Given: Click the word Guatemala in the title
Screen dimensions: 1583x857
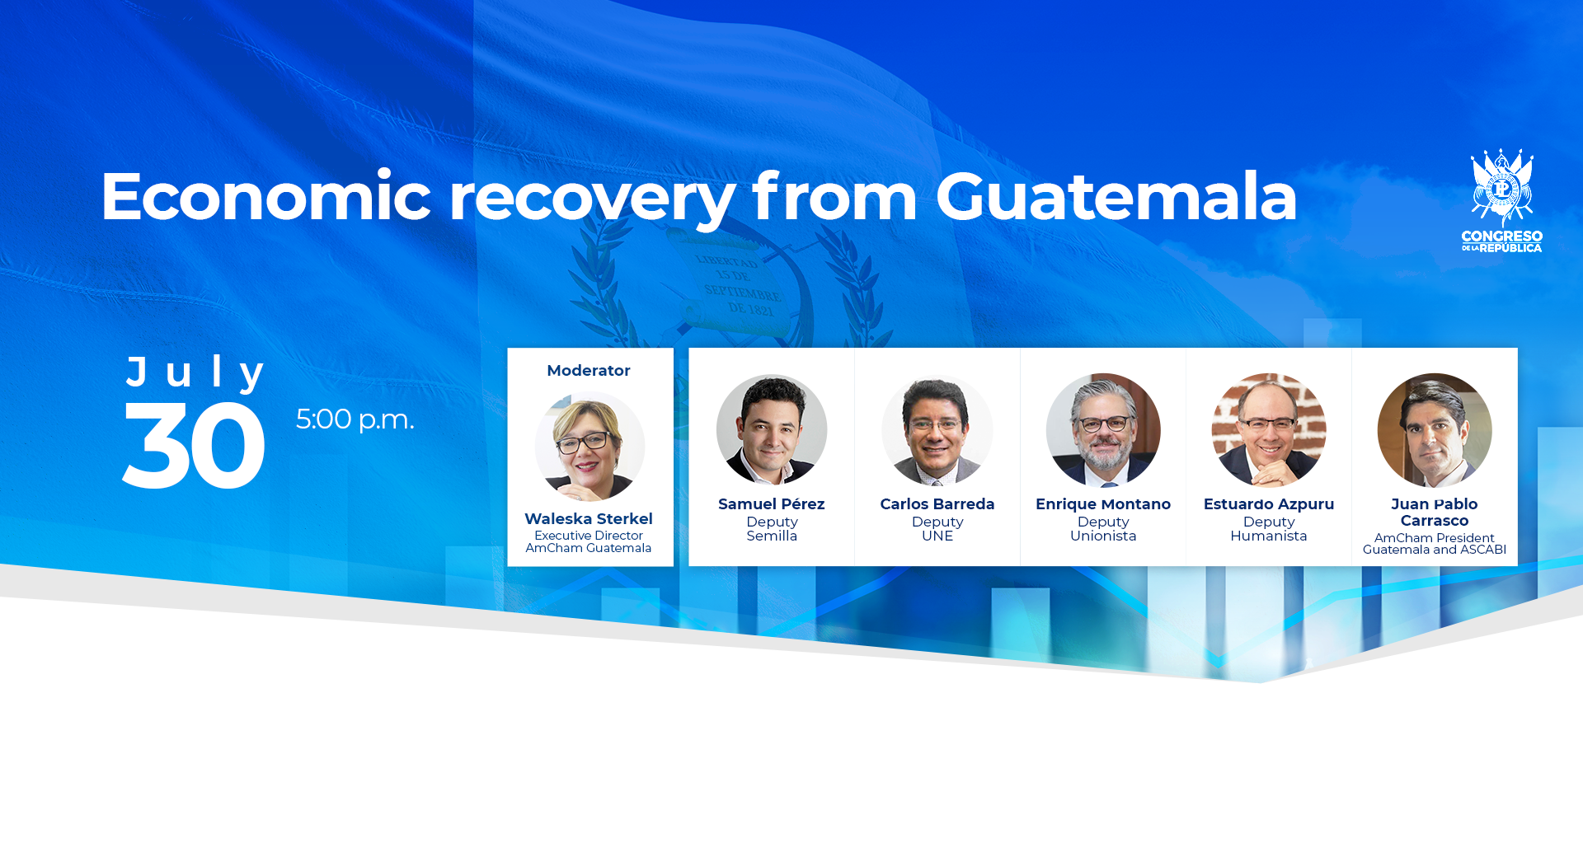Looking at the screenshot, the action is point(1116,197).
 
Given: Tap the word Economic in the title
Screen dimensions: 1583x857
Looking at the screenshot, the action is point(265,197).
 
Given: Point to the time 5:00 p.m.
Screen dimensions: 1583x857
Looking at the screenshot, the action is point(355,419).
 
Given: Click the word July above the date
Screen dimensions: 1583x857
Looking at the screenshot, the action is point(195,372).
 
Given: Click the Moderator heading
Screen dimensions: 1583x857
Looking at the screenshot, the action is point(589,371).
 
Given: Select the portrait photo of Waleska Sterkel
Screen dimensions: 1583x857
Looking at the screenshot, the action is point(590,446).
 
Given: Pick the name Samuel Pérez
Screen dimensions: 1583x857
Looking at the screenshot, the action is point(772,503).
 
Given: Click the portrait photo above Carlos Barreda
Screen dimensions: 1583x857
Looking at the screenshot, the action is point(937,429).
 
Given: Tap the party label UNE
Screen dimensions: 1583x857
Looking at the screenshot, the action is point(937,536).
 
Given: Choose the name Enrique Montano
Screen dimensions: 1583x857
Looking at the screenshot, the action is point(1103,503).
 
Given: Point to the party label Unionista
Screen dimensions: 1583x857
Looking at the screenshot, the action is point(1103,536).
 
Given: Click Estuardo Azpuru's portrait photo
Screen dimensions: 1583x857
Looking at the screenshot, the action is point(1269,429).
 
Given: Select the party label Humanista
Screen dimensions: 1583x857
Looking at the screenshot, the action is point(1269,536).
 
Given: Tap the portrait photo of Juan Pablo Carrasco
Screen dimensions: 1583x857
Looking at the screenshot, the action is point(1435,429).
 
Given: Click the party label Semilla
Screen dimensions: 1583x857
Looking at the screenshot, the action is point(772,536).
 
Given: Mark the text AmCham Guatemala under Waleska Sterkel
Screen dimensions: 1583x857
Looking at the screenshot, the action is point(589,548).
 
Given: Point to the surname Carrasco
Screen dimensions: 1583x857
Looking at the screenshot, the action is point(1435,521).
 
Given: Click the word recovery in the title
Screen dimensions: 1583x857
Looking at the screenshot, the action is point(592,199).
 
